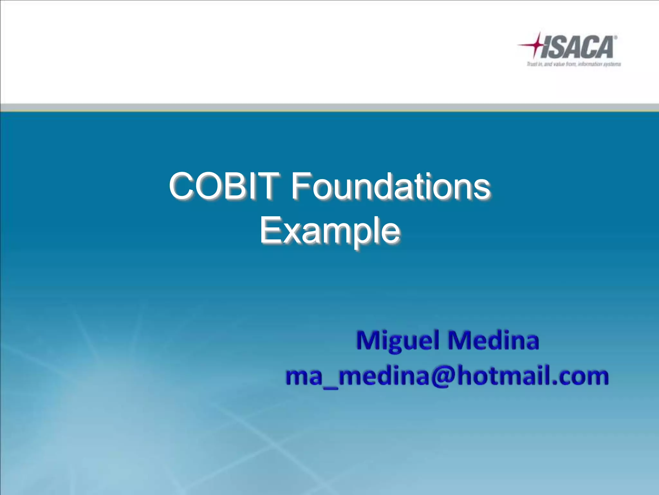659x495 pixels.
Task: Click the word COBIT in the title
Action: [223, 186]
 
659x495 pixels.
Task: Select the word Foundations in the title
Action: [390, 186]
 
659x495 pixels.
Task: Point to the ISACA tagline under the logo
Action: [573, 64]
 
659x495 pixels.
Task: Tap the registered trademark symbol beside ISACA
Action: [615, 38]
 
